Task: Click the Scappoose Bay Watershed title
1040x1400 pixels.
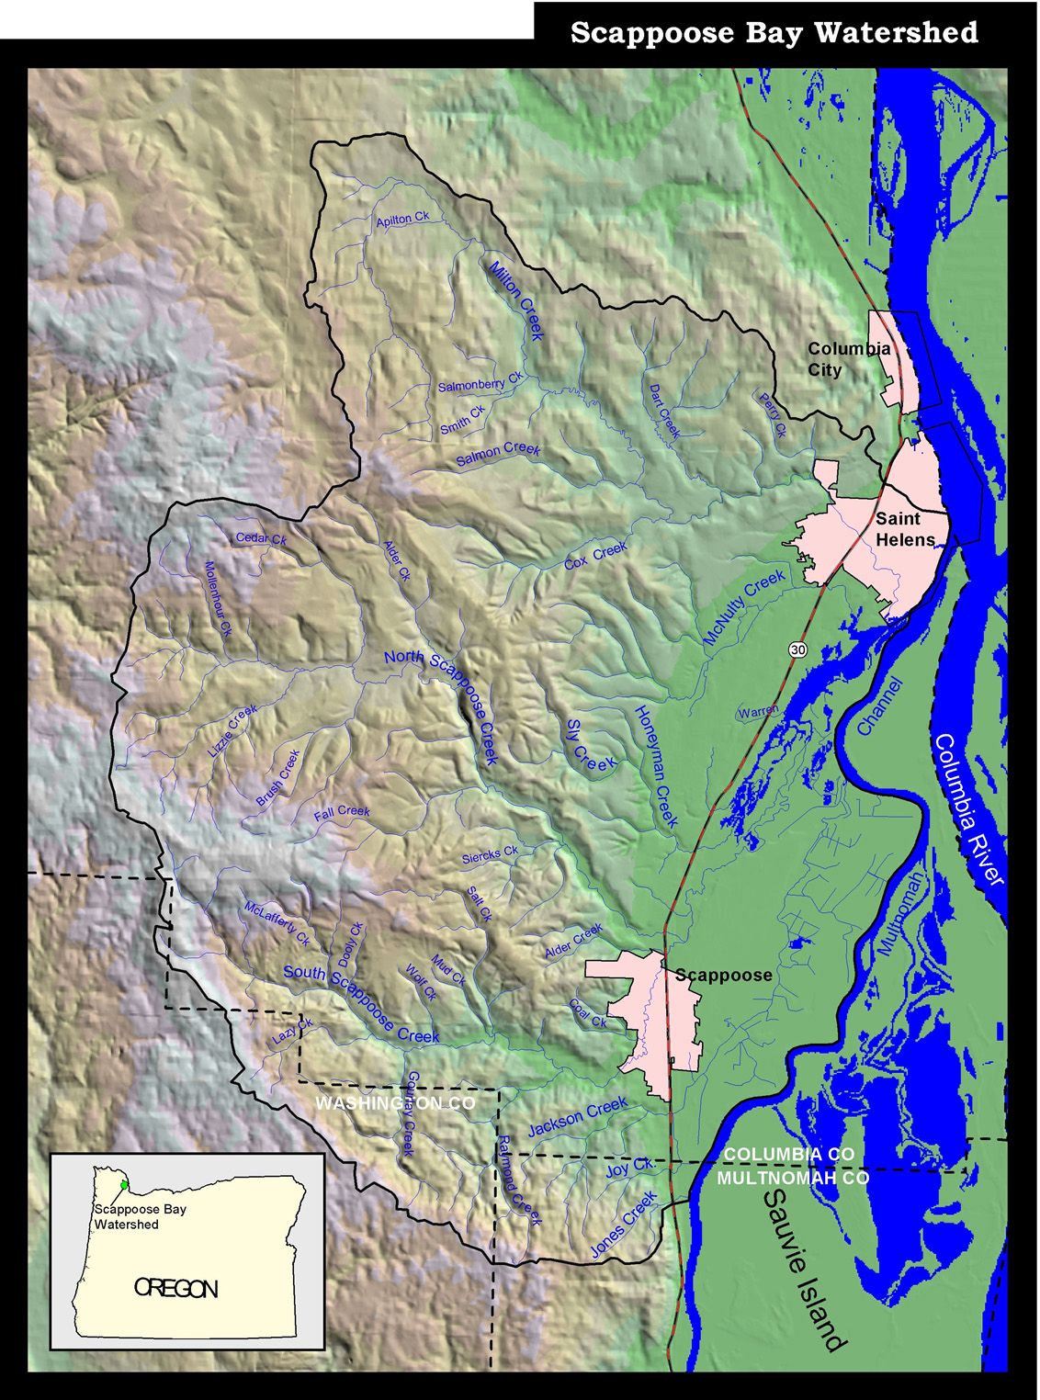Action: (774, 33)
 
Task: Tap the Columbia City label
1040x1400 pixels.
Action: (848, 359)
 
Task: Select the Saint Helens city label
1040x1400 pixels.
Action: (904, 529)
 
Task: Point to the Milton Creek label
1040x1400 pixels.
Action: (516, 300)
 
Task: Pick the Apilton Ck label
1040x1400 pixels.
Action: (402, 220)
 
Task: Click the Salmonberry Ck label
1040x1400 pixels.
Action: (480, 382)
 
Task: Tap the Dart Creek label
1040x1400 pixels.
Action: (664, 411)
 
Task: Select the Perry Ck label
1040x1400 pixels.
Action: (773, 415)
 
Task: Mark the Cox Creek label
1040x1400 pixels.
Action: (595, 556)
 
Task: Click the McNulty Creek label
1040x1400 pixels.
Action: (744, 606)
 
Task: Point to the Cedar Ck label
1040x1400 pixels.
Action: (261, 539)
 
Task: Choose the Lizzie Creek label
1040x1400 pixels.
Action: (232, 731)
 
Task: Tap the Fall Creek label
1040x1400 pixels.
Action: (342, 812)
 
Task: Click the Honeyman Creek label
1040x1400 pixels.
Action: (656, 766)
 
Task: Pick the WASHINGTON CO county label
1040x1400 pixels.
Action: (395, 1102)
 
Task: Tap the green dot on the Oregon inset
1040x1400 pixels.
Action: (124, 1185)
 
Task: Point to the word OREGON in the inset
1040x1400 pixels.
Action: (176, 1289)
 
